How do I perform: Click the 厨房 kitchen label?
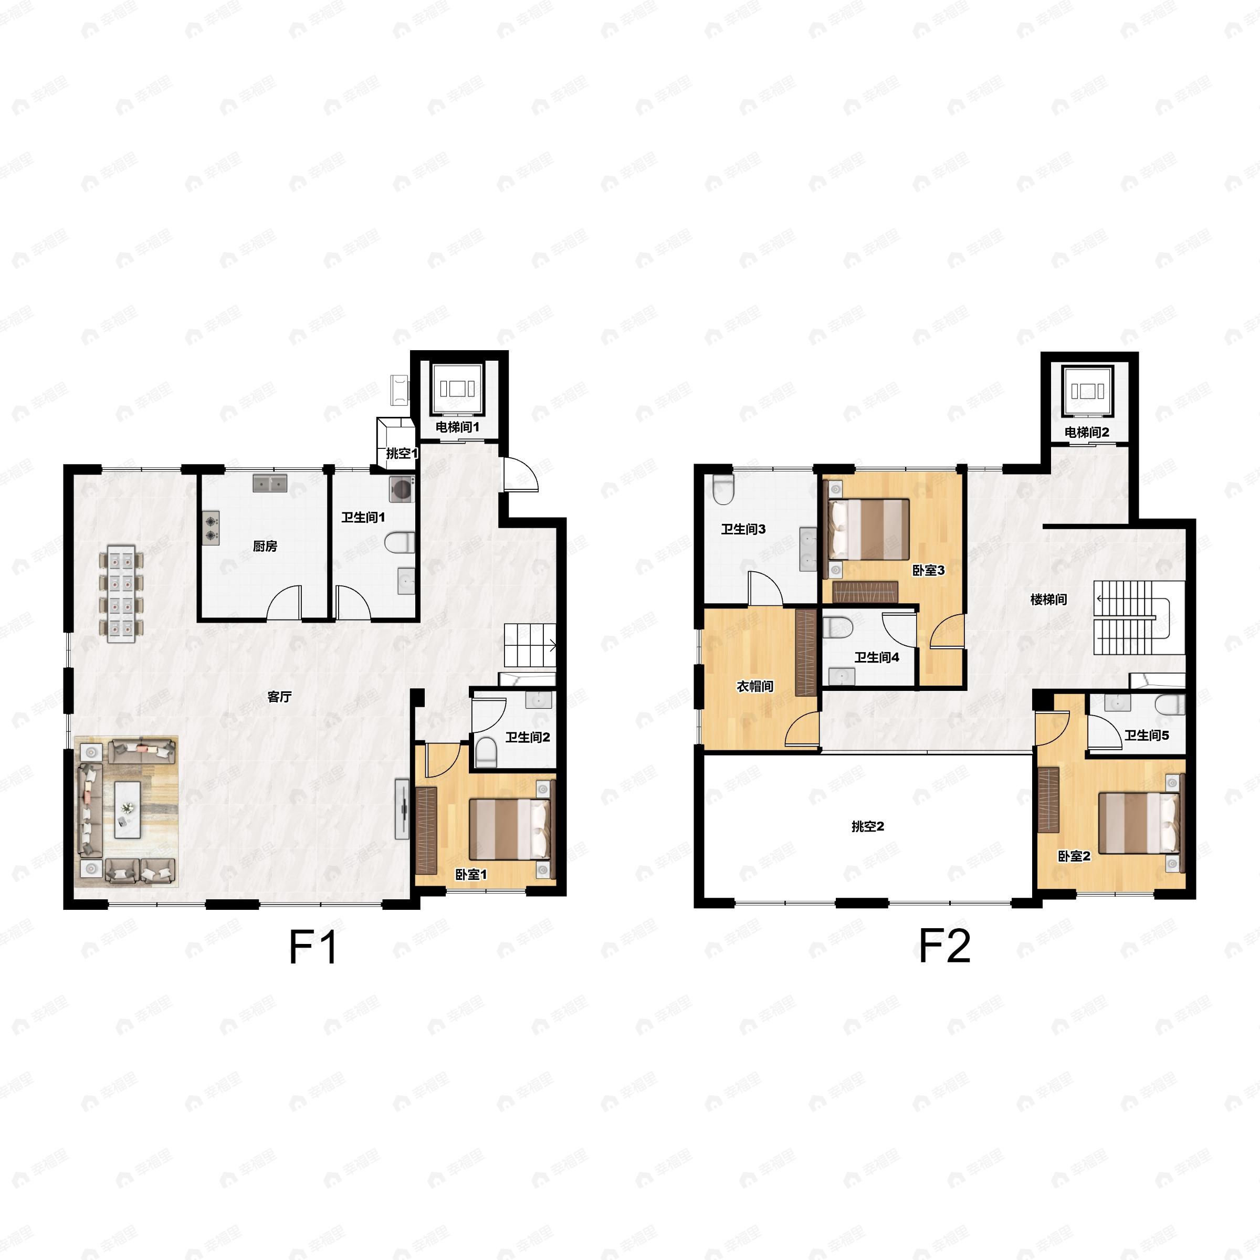[x=265, y=547]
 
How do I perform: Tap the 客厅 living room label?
[x=279, y=697]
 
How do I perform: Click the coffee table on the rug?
[x=128, y=810]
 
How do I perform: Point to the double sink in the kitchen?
[x=270, y=483]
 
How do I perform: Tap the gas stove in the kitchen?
[x=211, y=528]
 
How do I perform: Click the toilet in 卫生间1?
[x=399, y=542]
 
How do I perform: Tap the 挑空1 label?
[x=402, y=453]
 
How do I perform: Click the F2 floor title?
[x=944, y=946]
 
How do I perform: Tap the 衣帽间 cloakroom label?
[x=755, y=686]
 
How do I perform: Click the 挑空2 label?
[x=868, y=826]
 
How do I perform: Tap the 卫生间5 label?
[x=1147, y=736]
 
